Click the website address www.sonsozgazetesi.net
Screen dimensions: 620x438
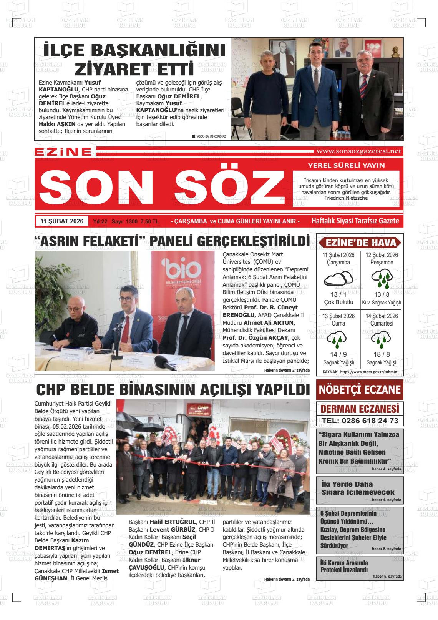click(358, 151)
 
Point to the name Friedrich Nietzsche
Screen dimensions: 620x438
click(346, 198)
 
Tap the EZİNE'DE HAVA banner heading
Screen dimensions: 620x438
click(360, 243)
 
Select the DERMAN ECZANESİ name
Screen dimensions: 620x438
click(360, 409)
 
